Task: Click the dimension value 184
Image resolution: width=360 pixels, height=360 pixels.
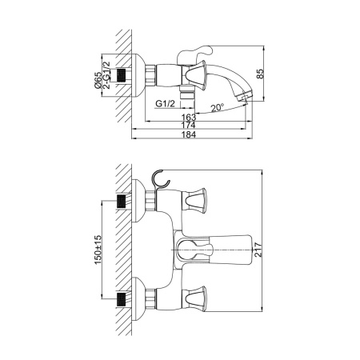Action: pyautogui.click(x=189, y=134)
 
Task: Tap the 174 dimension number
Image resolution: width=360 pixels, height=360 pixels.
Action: pyautogui.click(x=189, y=125)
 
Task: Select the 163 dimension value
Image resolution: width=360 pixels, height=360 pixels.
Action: pyautogui.click(x=189, y=117)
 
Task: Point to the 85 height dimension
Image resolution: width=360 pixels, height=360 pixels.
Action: pyautogui.click(x=260, y=74)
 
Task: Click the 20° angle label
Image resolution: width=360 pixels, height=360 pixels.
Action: pyautogui.click(x=218, y=108)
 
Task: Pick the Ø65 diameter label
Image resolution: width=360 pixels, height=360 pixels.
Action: pyautogui.click(x=98, y=80)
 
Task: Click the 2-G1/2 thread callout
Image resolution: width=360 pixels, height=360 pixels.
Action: pyautogui.click(x=106, y=75)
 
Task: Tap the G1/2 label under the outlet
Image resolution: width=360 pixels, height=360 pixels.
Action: pyautogui.click(x=166, y=103)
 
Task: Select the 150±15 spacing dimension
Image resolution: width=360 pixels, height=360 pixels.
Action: pyautogui.click(x=98, y=250)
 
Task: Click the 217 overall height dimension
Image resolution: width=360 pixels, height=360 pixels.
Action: pyautogui.click(x=258, y=250)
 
